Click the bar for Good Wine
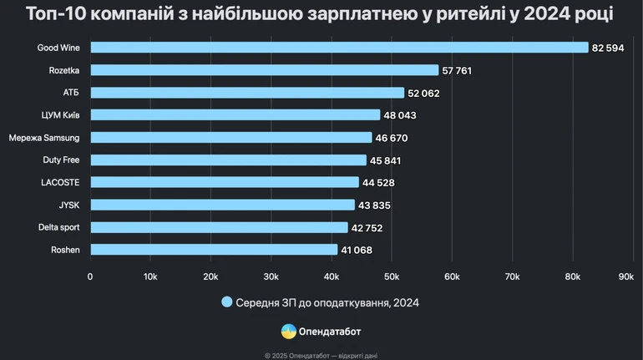coord(338,48)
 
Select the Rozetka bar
coord(264,70)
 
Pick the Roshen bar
coord(213,249)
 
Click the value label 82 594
coord(609,48)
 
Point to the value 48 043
coord(399,115)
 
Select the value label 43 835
coord(374,205)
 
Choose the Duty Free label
coord(61,160)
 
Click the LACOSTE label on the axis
coord(60,182)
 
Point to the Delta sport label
coord(58,227)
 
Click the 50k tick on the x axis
coord(392,276)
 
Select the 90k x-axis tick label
coord(625,276)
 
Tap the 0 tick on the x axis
coord(90,276)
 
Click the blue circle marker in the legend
coord(226,302)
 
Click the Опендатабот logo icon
coord(287,331)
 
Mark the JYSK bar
coord(222,205)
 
